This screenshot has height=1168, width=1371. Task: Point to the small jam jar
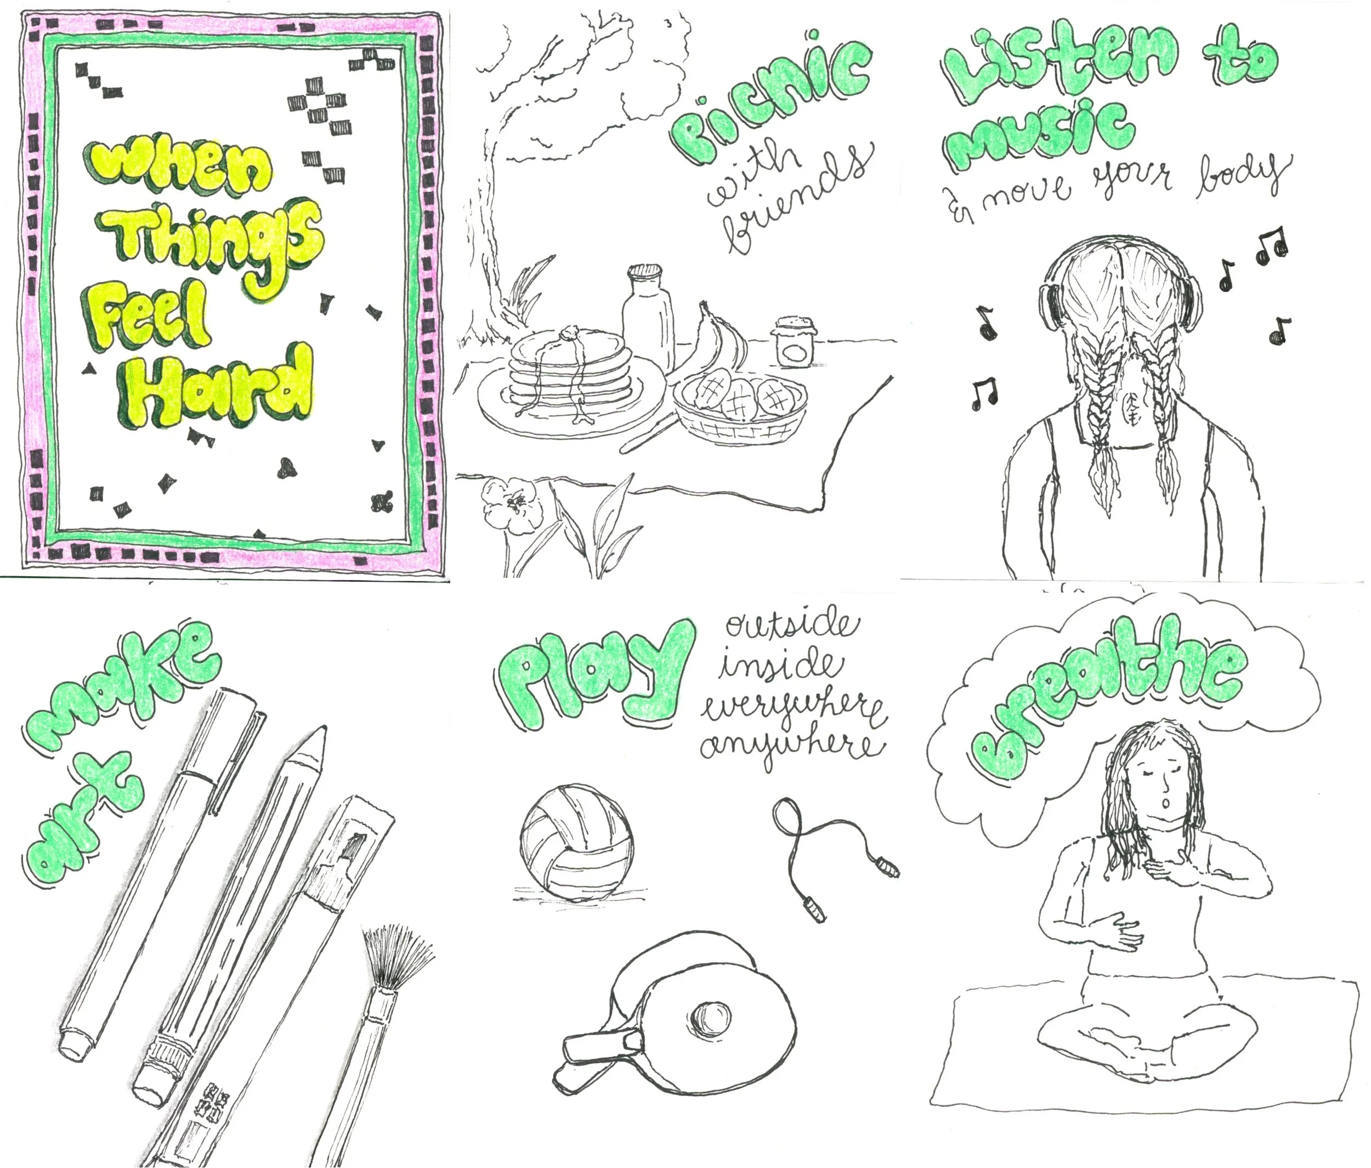click(795, 341)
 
